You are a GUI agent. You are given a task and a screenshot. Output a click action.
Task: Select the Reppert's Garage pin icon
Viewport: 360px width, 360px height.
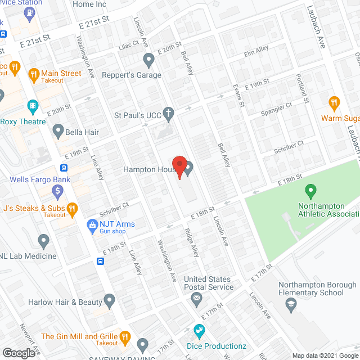coord(148,58)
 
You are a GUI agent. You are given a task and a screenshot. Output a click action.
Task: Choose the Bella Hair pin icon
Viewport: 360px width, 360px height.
coord(58,132)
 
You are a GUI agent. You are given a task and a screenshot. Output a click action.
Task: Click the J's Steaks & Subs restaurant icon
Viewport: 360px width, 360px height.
coord(72,209)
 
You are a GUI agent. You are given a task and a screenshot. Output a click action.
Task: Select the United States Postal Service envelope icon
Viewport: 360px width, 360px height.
coord(196,299)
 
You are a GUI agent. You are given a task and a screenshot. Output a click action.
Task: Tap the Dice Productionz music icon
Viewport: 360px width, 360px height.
coord(199,330)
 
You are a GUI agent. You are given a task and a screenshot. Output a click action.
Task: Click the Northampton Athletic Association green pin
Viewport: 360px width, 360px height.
coord(309,192)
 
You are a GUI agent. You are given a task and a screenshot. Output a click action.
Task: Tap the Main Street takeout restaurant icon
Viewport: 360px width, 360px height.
coord(33,73)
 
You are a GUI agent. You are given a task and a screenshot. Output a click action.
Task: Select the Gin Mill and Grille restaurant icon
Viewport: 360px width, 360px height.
coord(125,337)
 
